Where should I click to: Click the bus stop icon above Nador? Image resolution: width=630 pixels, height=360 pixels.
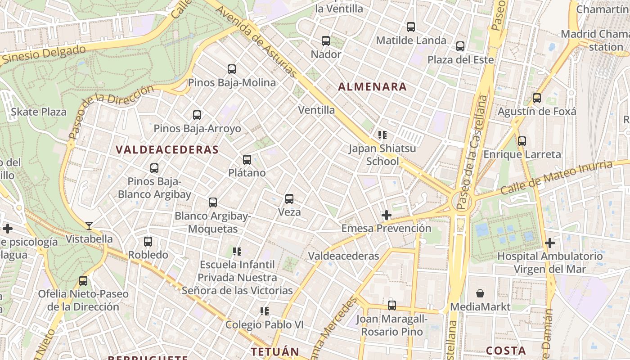point(326,41)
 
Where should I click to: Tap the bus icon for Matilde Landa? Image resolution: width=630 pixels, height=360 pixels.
point(411,27)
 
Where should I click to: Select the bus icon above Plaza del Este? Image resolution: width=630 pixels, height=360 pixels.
point(460,46)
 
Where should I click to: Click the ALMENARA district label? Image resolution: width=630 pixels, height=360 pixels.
point(372,87)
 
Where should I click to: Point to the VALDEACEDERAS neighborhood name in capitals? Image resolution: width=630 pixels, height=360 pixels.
point(167,150)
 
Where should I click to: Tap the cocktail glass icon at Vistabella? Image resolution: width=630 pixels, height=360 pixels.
point(89,225)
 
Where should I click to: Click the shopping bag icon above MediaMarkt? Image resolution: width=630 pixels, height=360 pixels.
point(480,294)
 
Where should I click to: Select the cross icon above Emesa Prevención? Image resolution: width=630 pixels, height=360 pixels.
point(386,215)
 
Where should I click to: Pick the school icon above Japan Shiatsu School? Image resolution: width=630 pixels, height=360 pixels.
point(382,135)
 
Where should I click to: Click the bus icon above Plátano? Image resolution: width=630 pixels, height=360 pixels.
point(247,160)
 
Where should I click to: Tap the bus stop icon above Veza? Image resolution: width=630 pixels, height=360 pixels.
point(289,199)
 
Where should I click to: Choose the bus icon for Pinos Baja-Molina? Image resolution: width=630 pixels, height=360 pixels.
point(232,69)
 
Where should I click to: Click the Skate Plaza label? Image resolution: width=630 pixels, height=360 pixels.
point(39,112)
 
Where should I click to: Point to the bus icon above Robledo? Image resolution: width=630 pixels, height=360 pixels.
point(148,242)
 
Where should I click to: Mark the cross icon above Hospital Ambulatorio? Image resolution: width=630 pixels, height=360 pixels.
point(549,243)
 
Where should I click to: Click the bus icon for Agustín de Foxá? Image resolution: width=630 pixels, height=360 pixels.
point(536,98)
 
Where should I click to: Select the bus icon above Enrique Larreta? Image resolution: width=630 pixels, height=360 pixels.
point(522,141)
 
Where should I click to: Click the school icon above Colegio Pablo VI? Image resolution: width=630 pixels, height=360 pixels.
point(264,311)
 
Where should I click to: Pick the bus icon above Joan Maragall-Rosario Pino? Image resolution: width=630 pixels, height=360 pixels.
point(392,306)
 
